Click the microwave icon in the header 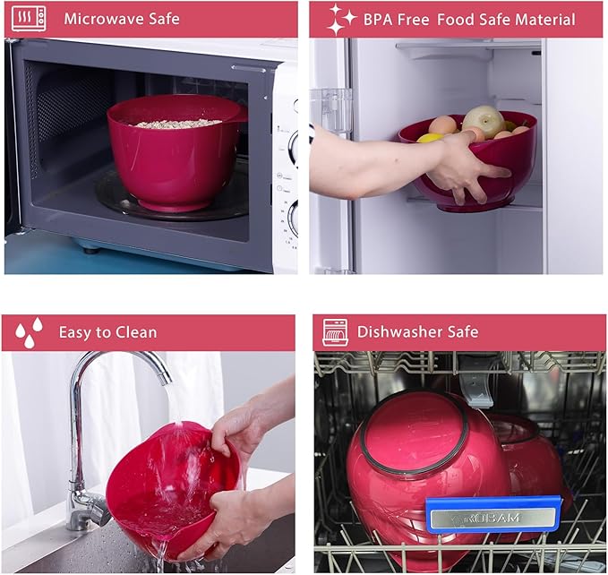pyautogui.click(x=29, y=18)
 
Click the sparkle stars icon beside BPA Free pyautogui.click(x=341, y=20)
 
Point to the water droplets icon pyautogui.click(x=29, y=332)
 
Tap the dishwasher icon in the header pyautogui.click(x=335, y=332)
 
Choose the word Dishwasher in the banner pyautogui.click(x=399, y=332)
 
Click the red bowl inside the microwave pyautogui.click(x=176, y=153)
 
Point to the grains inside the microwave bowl pyautogui.click(x=177, y=124)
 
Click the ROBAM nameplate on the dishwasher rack pyautogui.click(x=493, y=517)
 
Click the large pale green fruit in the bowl pyautogui.click(x=484, y=121)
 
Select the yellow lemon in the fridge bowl pyautogui.click(x=430, y=138)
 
